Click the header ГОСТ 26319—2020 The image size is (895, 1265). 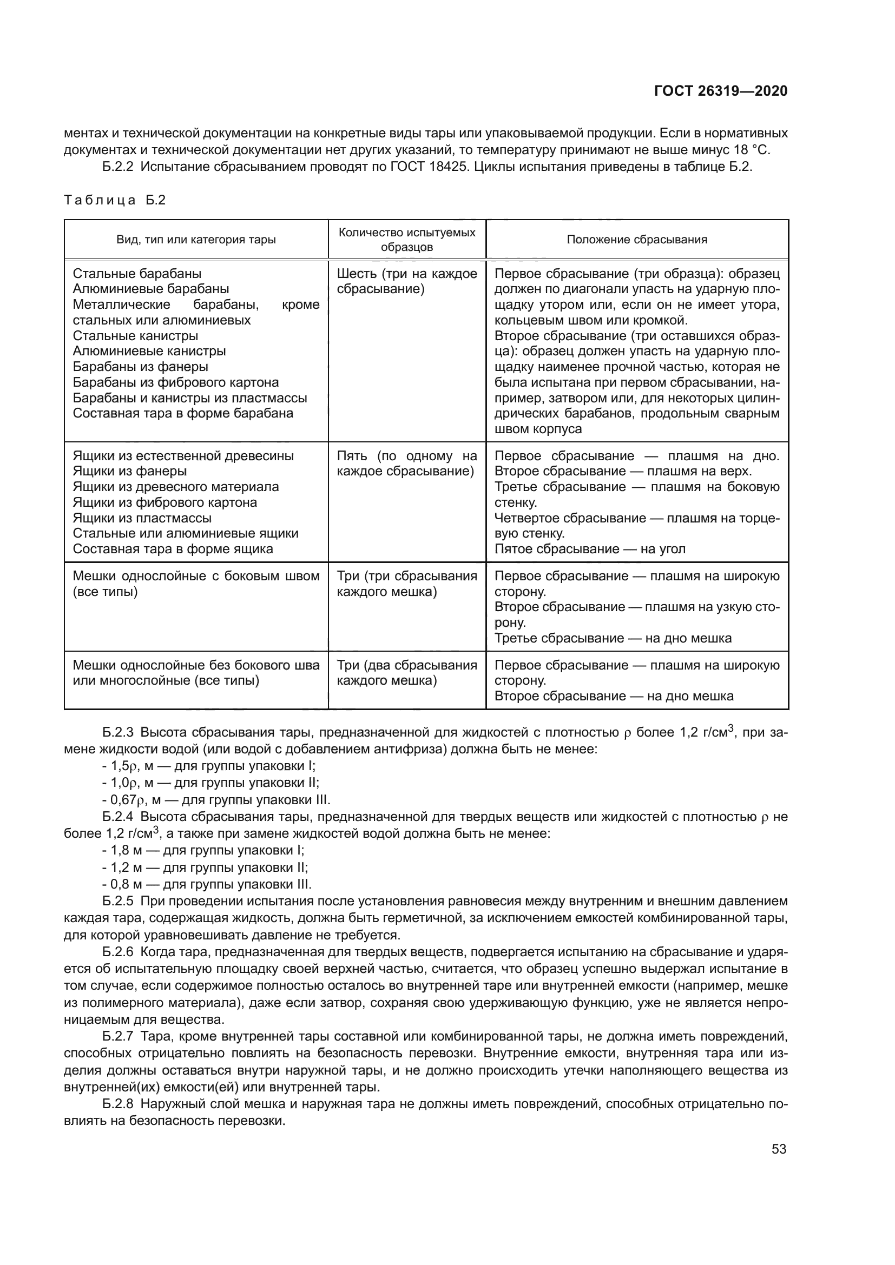[x=720, y=91]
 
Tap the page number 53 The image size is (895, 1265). [x=779, y=1149]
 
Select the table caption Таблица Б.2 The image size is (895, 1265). [x=115, y=200]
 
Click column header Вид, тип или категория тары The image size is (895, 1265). [x=196, y=240]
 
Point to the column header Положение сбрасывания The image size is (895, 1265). [x=636, y=240]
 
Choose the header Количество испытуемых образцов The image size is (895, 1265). [x=407, y=240]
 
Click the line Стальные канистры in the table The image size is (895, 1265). [x=136, y=335]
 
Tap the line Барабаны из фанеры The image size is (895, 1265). [x=141, y=366]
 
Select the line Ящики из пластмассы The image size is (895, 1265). [x=142, y=518]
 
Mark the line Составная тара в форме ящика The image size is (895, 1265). [x=173, y=549]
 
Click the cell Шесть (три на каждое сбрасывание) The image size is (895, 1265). [x=407, y=282]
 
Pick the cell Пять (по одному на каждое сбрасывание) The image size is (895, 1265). [x=407, y=463]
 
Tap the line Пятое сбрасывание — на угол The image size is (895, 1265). [x=590, y=549]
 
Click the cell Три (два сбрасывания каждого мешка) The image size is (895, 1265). [x=407, y=673]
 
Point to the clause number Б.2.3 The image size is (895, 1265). [x=118, y=732]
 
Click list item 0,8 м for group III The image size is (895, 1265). [x=207, y=884]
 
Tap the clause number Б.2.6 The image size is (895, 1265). [x=118, y=952]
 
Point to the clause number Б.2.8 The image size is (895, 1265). [x=118, y=1104]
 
